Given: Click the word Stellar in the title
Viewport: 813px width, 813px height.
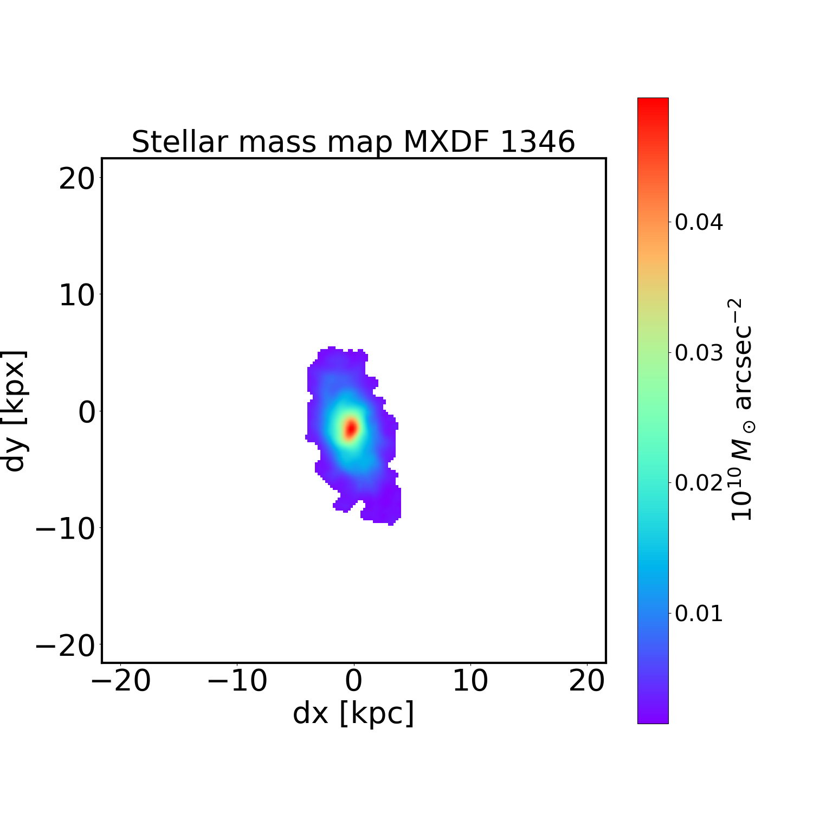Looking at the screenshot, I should pos(179,142).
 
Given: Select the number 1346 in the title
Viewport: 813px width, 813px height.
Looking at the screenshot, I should pos(537,142).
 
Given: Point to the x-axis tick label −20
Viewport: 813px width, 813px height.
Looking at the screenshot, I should pos(120,681).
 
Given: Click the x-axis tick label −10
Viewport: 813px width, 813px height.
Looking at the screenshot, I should pos(237,681).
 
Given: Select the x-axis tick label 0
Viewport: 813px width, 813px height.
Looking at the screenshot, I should pos(354,681).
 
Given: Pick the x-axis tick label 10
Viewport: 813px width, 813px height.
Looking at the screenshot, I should pos(470,681).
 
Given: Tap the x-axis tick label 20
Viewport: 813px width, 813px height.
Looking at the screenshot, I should pos(587,681).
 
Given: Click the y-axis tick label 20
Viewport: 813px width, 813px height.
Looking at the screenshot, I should pos(76,178).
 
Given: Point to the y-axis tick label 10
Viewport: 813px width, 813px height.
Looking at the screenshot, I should pos(76,295).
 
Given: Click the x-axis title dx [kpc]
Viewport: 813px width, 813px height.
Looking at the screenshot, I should pos(353,713).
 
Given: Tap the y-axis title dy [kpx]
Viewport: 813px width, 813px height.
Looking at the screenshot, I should pos(15,411).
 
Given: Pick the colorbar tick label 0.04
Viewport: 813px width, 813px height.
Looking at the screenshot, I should pos(699,222).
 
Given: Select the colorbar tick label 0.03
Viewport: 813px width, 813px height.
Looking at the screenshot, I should pos(699,353).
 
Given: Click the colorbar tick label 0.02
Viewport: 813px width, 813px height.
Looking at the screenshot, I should pos(699,483).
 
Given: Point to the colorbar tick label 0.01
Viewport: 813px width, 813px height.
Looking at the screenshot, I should pos(699,614).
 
